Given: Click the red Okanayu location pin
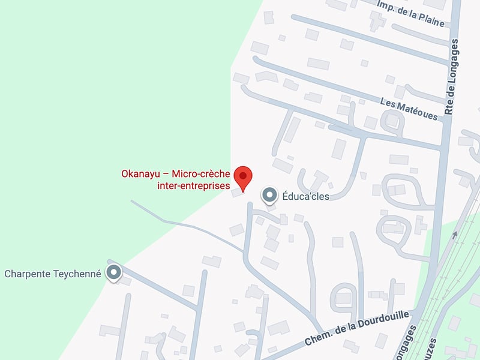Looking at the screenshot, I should [243, 176].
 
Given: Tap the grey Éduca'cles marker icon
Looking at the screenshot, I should [269, 195].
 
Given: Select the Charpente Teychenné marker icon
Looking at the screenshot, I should [113, 273].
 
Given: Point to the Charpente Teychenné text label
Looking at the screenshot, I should [53, 274].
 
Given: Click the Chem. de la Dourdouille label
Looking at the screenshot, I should [357, 328].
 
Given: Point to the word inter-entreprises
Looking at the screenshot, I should [190, 186].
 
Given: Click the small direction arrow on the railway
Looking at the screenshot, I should [454, 235].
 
